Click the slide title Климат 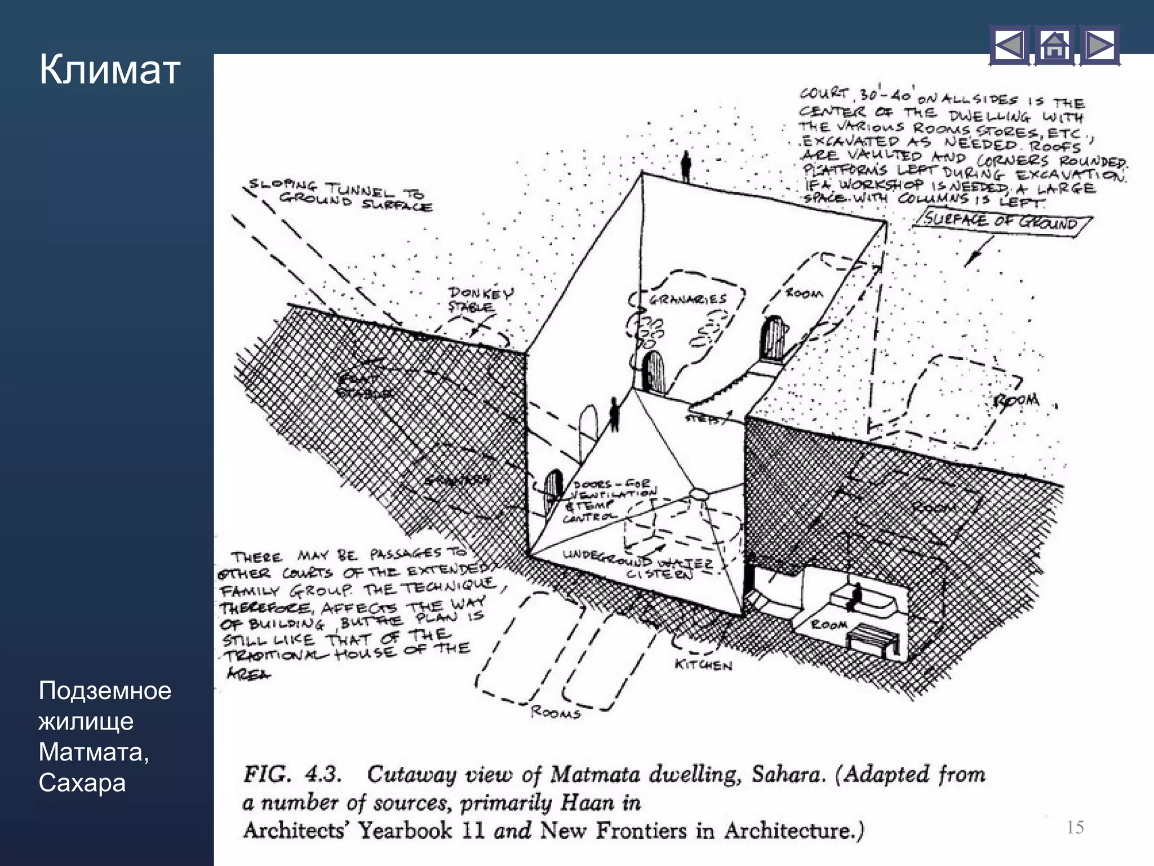coord(109,70)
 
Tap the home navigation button coord(1054,46)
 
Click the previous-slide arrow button coord(1009,46)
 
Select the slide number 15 coord(1075,827)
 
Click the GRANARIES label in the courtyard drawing coord(687,299)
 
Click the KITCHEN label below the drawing coord(703,665)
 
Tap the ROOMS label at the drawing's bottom coord(555,713)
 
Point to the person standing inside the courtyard coord(615,414)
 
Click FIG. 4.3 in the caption coord(292,775)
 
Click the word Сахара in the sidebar coord(82,783)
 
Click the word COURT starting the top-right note coord(823,93)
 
